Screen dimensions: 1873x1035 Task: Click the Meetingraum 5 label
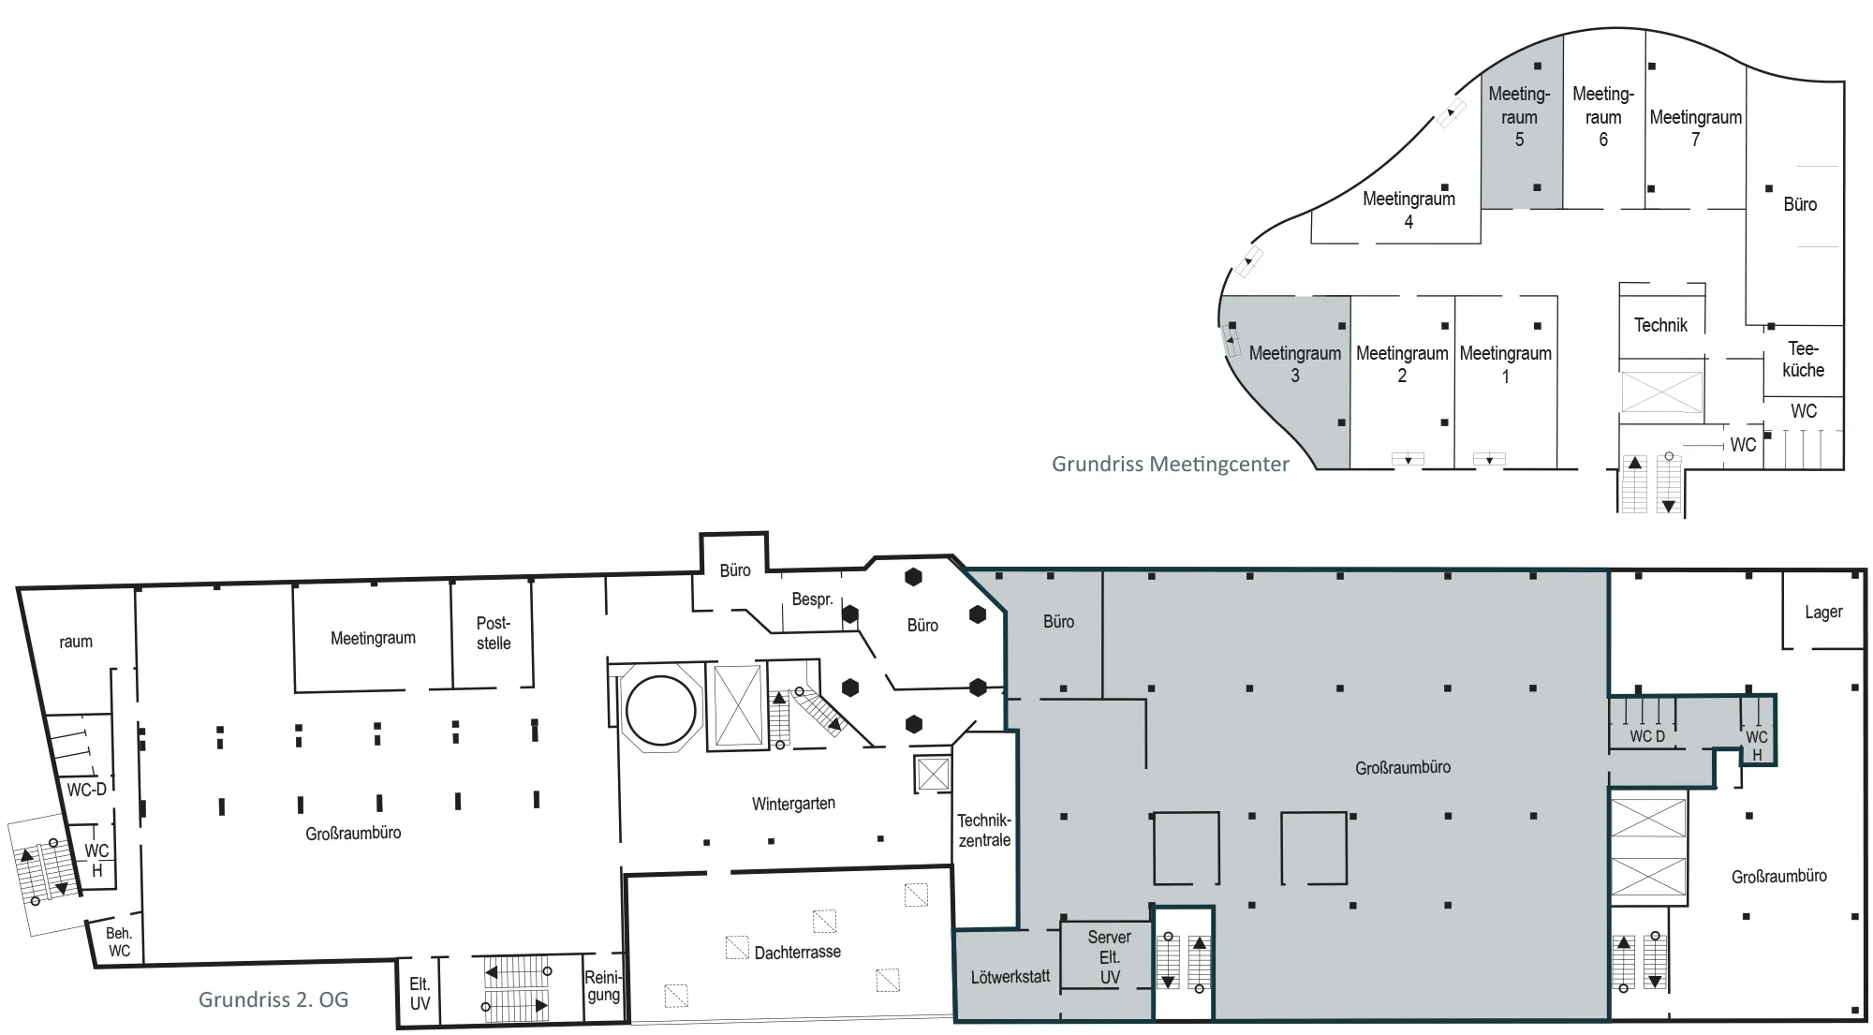point(1519,117)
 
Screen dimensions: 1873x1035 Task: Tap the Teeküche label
point(1803,360)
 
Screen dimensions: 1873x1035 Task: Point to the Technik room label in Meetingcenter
point(1660,325)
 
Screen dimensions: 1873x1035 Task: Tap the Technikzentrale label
point(984,831)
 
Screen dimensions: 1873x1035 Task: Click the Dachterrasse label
point(798,953)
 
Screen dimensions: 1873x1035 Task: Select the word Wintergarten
point(793,804)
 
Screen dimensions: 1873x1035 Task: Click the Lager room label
point(1823,613)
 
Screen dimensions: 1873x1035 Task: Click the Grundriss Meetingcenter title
point(1171,464)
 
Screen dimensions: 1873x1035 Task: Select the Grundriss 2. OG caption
point(273,999)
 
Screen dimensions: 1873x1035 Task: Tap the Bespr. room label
point(812,599)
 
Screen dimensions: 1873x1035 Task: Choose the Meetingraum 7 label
point(1696,128)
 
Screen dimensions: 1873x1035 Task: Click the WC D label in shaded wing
point(1647,736)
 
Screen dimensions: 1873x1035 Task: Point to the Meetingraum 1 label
point(1506,364)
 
